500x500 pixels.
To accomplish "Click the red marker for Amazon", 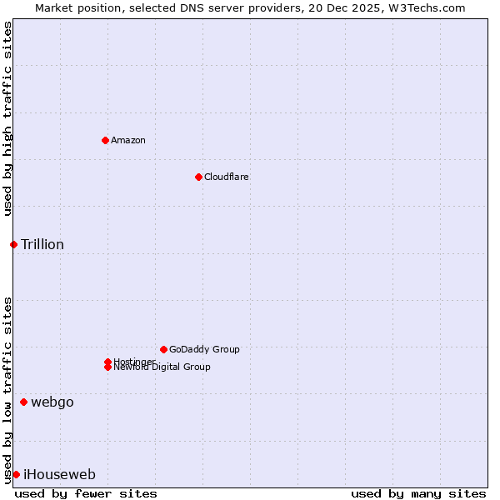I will [x=105, y=140].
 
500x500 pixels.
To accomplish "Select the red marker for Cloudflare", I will [x=198, y=177].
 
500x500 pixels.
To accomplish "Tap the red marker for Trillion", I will [x=13, y=244].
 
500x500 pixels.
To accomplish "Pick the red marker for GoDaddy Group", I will [x=163, y=349].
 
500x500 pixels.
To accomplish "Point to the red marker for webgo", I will [x=23, y=402].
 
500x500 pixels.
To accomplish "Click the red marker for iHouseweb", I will [x=16, y=475].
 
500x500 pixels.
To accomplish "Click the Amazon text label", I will [x=128, y=140].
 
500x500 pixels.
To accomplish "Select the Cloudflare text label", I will [x=227, y=177].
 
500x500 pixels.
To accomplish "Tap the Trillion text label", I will [x=42, y=244].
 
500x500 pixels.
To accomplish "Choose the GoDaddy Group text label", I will [x=204, y=349].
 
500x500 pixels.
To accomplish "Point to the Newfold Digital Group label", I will [x=162, y=367].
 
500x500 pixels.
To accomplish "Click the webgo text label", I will [x=52, y=402].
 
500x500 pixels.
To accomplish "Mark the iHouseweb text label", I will [x=59, y=475].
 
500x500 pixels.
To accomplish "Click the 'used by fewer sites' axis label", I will [x=86, y=493].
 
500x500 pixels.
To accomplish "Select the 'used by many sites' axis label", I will [x=418, y=493].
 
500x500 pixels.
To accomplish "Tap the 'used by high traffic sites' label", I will [x=7, y=118].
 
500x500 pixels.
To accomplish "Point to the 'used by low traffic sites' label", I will [x=7, y=389].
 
